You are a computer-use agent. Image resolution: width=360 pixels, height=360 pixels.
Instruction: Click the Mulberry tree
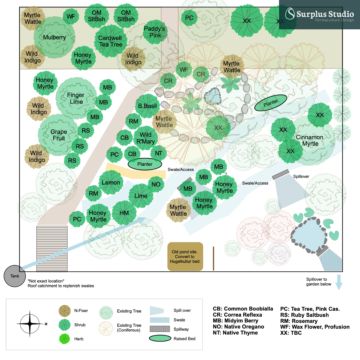(54, 38)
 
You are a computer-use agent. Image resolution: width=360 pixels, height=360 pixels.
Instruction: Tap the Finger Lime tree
(76, 98)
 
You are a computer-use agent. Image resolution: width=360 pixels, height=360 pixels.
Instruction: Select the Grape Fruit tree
(59, 135)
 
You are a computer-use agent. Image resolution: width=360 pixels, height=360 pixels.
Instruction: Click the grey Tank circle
(15, 276)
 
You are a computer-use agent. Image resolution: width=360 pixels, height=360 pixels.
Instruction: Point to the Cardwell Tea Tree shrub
(110, 41)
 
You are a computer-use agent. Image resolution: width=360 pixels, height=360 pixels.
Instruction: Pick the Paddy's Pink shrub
(154, 32)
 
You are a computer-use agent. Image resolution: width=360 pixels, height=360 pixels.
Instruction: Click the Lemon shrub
(111, 182)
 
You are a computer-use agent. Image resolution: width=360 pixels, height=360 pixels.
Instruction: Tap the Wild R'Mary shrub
(146, 138)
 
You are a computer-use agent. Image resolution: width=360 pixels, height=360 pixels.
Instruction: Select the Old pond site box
(185, 256)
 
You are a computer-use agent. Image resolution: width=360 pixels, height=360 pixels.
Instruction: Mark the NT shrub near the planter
(159, 153)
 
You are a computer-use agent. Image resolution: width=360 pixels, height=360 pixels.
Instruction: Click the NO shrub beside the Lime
(156, 184)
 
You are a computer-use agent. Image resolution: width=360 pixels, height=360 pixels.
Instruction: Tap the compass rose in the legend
(30, 324)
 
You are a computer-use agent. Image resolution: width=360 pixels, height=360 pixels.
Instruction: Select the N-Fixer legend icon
(65, 311)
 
